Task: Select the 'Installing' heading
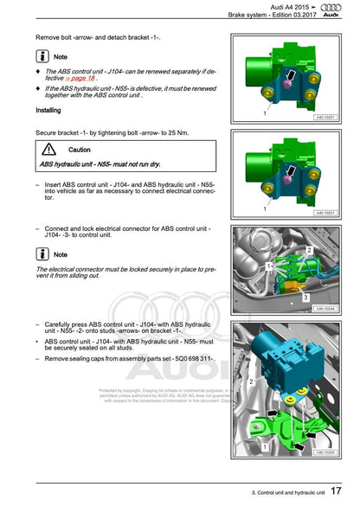click(x=48, y=111)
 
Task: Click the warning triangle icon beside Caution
click(x=48, y=150)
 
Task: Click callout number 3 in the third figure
click(x=305, y=296)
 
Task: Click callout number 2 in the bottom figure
click(x=252, y=380)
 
